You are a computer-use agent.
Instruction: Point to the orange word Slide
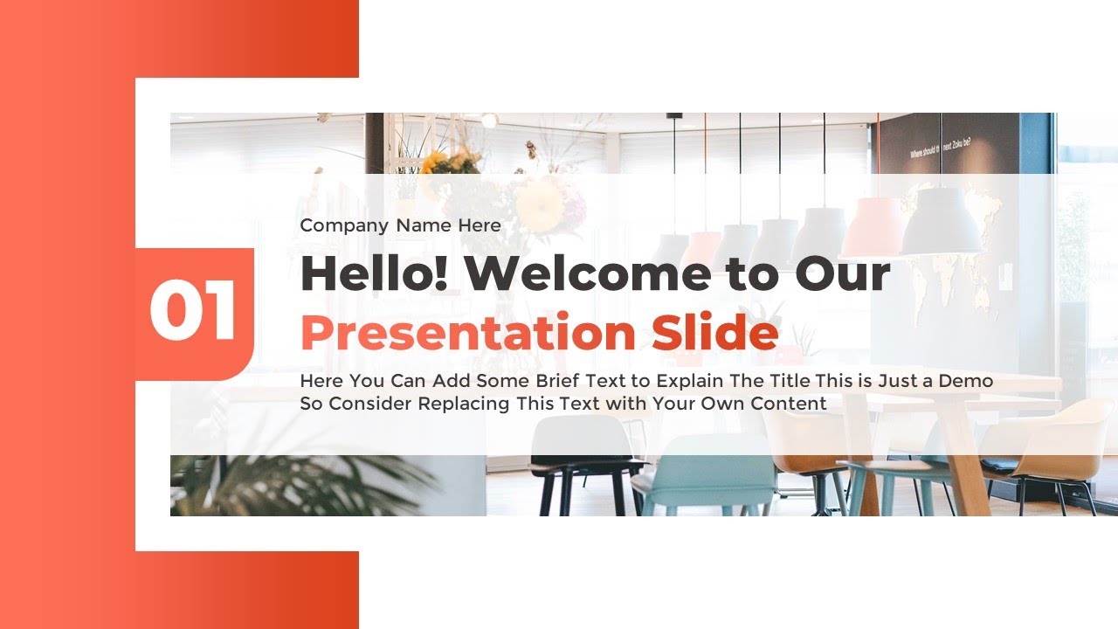click(x=714, y=333)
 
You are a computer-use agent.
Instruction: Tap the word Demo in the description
click(x=967, y=382)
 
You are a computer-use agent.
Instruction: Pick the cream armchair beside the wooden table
click(x=1039, y=446)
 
